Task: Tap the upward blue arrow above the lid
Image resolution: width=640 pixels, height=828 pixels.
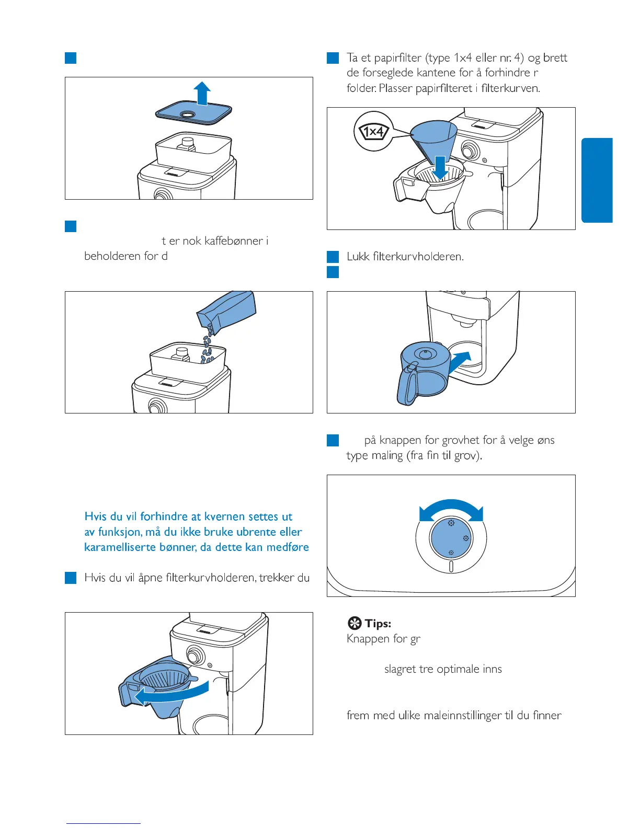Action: point(202,93)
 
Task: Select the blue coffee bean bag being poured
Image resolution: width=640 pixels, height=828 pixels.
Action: point(226,312)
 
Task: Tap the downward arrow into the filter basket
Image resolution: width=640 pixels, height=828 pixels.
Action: point(440,168)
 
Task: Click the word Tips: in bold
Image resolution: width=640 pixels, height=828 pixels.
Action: point(378,623)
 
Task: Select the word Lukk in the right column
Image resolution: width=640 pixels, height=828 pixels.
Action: point(358,256)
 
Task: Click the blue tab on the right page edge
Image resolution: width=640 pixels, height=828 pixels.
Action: point(597,180)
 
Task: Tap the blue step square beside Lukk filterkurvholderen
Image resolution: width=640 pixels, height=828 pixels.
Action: point(333,257)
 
